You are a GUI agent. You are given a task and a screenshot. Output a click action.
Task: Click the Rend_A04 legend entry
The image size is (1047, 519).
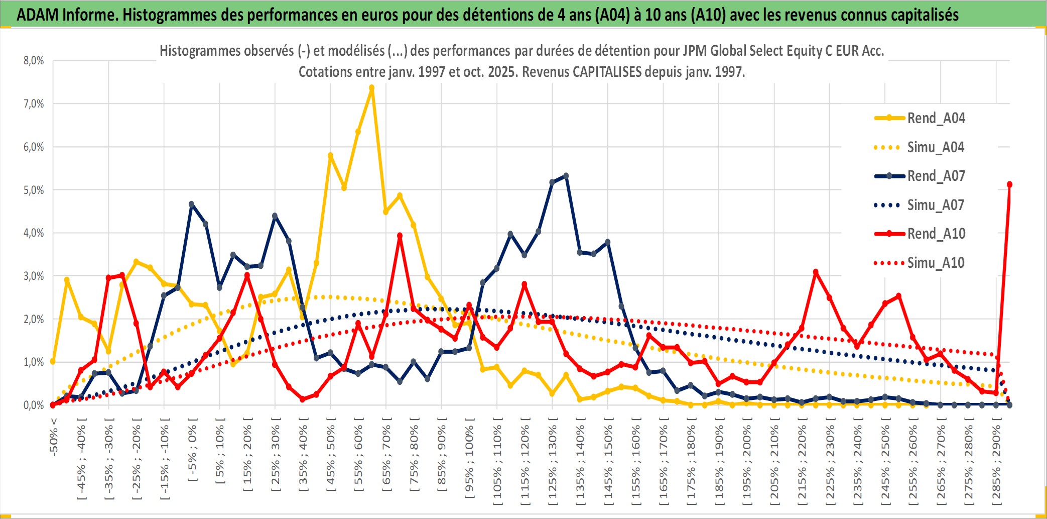(x=936, y=118)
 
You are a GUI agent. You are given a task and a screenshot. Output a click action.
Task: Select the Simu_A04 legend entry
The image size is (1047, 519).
(x=936, y=147)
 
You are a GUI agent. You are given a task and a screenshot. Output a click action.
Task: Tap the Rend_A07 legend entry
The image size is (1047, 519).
(x=936, y=176)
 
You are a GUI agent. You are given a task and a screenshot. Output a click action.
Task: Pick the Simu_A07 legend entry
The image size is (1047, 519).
(x=936, y=205)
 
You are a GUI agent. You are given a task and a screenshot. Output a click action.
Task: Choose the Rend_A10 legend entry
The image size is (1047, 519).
(x=936, y=234)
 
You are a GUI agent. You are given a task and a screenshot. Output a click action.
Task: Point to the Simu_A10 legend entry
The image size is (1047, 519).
(x=936, y=263)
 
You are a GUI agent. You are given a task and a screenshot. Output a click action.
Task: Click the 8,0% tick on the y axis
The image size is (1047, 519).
(x=34, y=61)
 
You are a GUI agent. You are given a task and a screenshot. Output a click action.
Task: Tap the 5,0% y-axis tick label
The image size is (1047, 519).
(x=34, y=190)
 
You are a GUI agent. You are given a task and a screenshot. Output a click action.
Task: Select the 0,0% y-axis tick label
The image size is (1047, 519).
(x=34, y=405)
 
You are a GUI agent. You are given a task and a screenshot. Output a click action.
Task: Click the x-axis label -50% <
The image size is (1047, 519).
(x=54, y=437)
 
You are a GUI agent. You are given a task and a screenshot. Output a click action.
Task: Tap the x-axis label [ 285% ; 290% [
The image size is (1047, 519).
(x=996, y=464)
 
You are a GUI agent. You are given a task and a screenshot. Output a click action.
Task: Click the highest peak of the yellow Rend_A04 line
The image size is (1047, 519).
(x=371, y=88)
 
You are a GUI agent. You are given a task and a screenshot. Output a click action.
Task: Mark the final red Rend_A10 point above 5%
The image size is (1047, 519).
(x=1009, y=184)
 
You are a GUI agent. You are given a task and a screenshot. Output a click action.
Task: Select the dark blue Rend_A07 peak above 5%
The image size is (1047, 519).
(x=566, y=176)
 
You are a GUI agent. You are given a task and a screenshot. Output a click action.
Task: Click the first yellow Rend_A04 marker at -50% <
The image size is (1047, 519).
(x=53, y=361)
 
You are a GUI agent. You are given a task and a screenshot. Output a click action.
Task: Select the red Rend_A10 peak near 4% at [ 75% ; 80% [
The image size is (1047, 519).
(x=400, y=236)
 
